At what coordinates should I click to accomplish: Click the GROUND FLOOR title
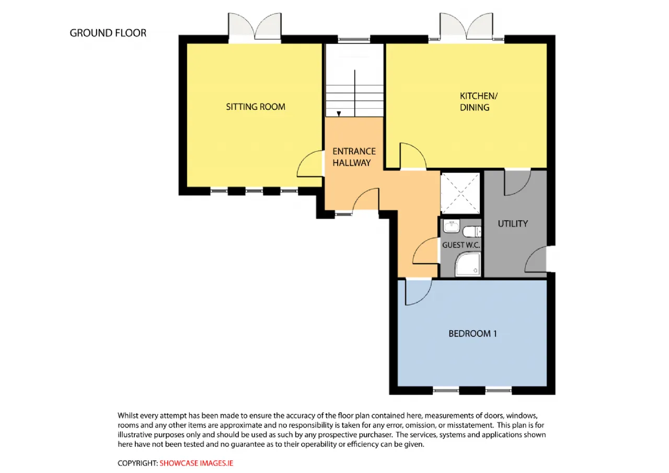coord(108,33)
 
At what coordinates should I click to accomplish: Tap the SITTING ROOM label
coord(256,107)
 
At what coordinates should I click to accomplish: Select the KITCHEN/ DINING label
coord(478,102)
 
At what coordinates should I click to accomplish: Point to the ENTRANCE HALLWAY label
coord(354,157)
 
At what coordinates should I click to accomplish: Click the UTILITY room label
coord(513,223)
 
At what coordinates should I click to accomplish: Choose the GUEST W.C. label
coord(461,245)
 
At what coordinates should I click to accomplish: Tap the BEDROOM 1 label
coord(472,334)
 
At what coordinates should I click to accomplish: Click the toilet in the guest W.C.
coord(472,231)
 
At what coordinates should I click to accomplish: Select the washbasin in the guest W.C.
coord(451,227)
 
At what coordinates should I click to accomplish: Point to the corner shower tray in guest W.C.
coord(468,264)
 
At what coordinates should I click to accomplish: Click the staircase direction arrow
coord(339,114)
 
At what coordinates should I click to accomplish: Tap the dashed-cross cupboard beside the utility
coord(460,193)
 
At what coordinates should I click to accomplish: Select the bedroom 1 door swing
coord(418,292)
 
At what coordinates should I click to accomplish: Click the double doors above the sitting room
coord(255,26)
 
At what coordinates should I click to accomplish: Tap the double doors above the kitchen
coord(466,26)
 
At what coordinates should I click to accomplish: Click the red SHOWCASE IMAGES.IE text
coord(196,463)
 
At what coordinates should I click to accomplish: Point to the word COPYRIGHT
coord(137,463)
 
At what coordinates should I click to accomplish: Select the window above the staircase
coord(354,39)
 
